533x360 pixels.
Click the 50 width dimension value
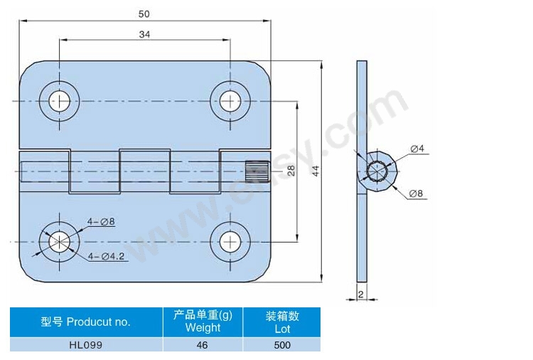144,14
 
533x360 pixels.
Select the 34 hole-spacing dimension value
144,34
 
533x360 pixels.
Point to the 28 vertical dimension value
291,171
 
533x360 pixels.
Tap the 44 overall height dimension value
316,171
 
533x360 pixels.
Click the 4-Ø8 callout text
101,222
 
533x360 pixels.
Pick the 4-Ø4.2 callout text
106,256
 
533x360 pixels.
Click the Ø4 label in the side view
417,149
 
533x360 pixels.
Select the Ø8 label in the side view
416,194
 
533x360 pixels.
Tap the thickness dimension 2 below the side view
361,294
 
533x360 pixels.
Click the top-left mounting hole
59,101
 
